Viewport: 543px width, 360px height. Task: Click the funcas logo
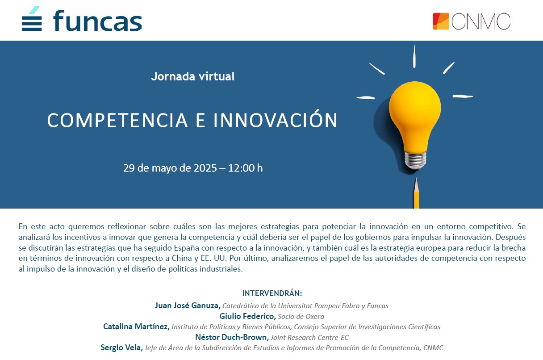coord(82,19)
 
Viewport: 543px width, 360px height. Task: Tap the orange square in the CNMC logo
coord(441,21)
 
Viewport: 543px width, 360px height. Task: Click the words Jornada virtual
coord(193,76)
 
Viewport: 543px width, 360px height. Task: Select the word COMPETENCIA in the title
coord(117,120)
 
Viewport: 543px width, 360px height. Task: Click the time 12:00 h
coord(245,168)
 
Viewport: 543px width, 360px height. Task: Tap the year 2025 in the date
coord(205,168)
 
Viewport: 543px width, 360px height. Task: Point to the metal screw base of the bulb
coord(415,160)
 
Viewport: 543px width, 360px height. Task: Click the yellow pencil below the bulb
coord(416,193)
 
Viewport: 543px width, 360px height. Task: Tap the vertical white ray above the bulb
coord(414,56)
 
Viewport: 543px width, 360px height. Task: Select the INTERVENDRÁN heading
coord(272,293)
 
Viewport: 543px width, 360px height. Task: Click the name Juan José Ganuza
coord(188,306)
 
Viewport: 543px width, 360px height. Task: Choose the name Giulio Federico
coord(247,316)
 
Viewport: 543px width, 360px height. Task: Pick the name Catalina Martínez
coord(136,327)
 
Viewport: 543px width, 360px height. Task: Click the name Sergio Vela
coord(121,347)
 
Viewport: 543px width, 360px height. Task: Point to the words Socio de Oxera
coord(301,316)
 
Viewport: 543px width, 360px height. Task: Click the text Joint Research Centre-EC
coord(309,338)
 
